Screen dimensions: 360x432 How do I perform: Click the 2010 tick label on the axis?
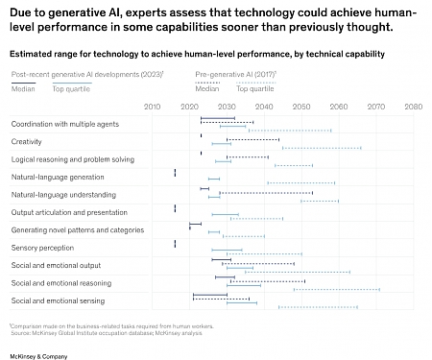tap(151, 107)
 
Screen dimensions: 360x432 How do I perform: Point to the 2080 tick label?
tap(412, 107)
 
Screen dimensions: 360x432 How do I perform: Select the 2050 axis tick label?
tap(300, 107)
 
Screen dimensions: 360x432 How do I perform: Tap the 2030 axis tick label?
tap(226, 107)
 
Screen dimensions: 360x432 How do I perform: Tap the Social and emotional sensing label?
tap(57, 300)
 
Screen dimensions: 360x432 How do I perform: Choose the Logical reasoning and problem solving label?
tap(72, 159)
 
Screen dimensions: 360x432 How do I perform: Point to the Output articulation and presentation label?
tap(68, 212)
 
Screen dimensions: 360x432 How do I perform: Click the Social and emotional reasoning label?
tap(60, 283)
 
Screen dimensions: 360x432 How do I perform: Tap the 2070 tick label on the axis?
tap(375, 107)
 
